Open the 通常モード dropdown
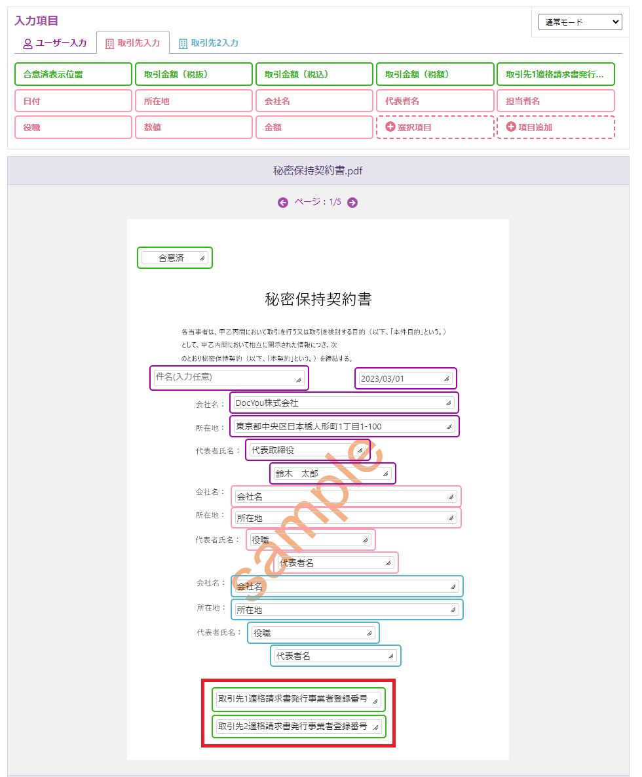pyautogui.click(x=580, y=22)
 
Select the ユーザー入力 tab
pyautogui.click(x=55, y=43)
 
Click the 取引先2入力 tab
pyautogui.click(x=208, y=43)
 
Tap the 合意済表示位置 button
pyautogui.click(x=73, y=74)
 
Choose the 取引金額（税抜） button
pyautogui.click(x=194, y=74)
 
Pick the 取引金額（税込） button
pyautogui.click(x=314, y=74)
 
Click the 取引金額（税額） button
pyautogui.click(x=435, y=74)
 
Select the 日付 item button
pyautogui.click(x=73, y=101)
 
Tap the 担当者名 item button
pyautogui.click(x=556, y=101)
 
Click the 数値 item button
pyautogui.click(x=194, y=127)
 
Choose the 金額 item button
pyautogui.click(x=314, y=127)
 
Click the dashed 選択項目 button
pyautogui.click(x=435, y=127)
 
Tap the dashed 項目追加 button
pyautogui.click(x=556, y=127)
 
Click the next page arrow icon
pyautogui.click(x=352, y=202)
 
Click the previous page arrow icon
pyautogui.click(x=283, y=202)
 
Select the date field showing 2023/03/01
pyautogui.click(x=406, y=378)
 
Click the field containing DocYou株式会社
pyautogui.click(x=344, y=403)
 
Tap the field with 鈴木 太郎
pyautogui.click(x=333, y=473)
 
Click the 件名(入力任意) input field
pyautogui.click(x=229, y=378)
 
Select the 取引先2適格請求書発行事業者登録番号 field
pyautogui.click(x=299, y=727)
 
